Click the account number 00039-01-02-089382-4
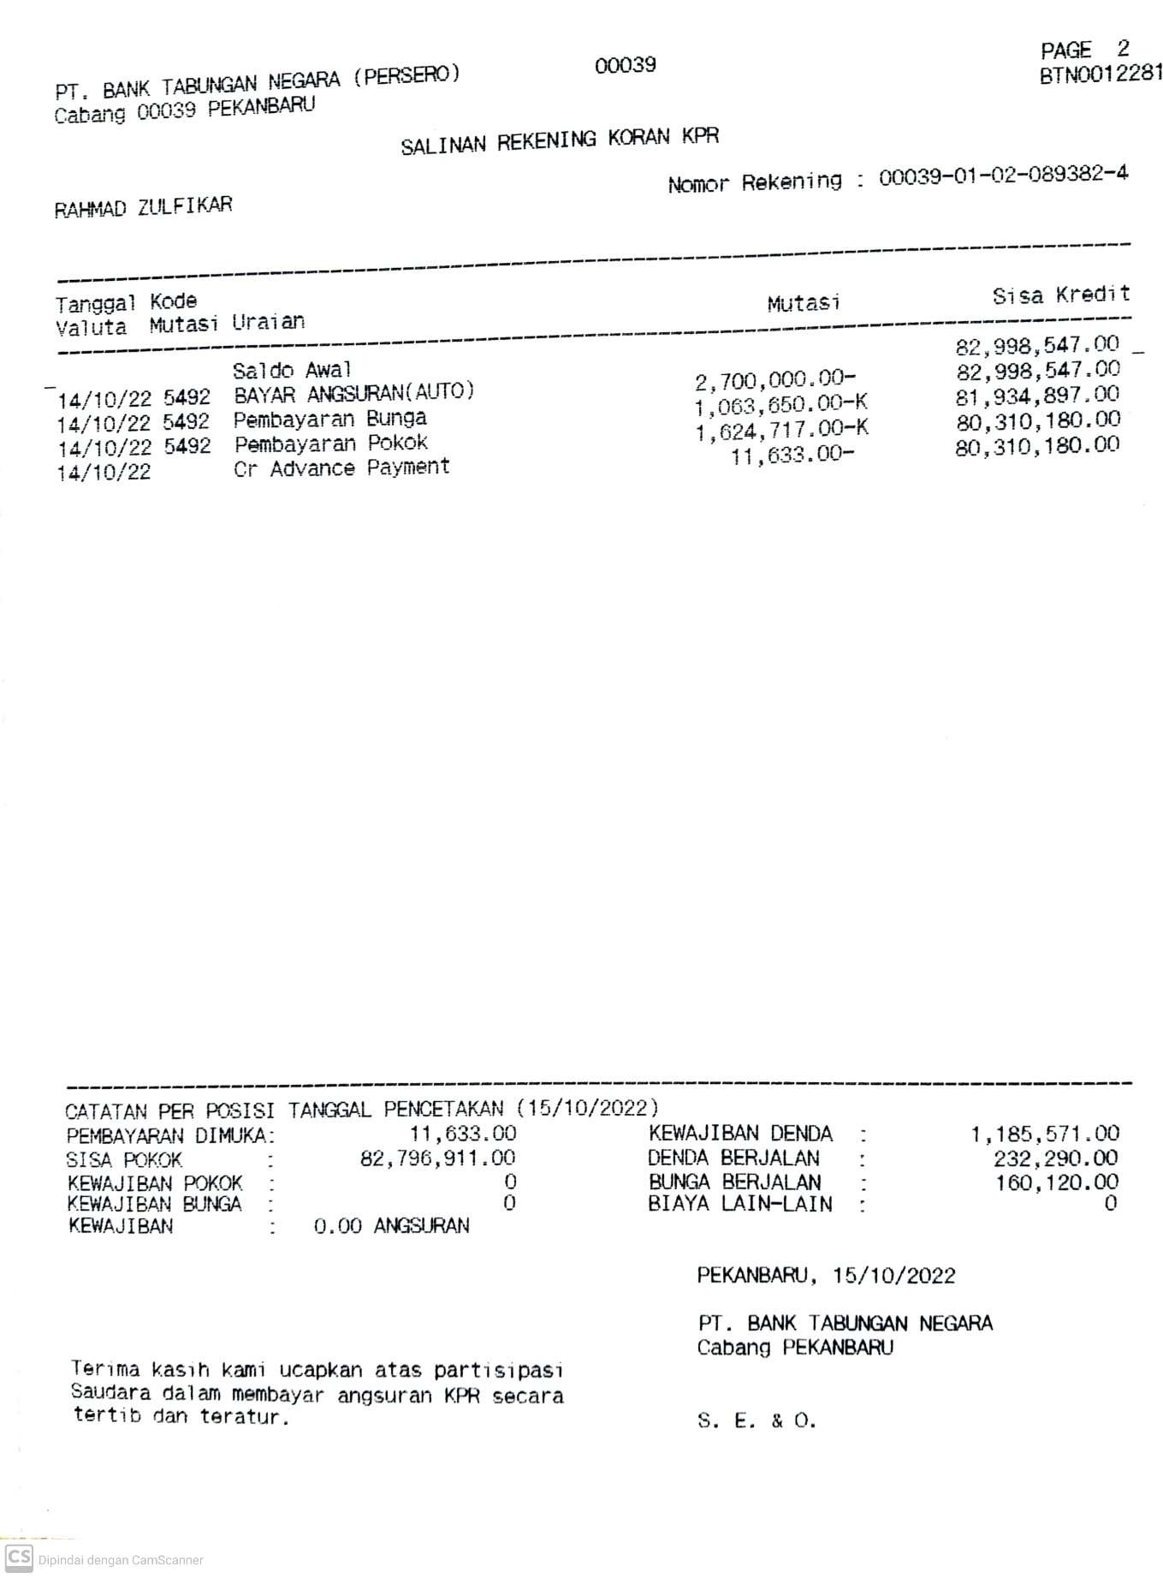[x=1003, y=176]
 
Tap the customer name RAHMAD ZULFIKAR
[x=143, y=207]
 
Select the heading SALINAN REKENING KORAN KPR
[x=560, y=140]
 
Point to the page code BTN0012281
[x=1101, y=74]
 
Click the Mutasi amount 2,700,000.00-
[x=775, y=378]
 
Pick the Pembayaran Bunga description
[x=330, y=419]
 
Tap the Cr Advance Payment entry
[x=341, y=468]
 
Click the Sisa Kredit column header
[x=1060, y=295]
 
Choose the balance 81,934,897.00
[x=1037, y=396]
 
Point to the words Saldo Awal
[x=292, y=370]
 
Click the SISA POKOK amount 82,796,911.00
[x=438, y=1159]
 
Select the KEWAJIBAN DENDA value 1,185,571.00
[x=1044, y=1134]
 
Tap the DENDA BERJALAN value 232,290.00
[x=1055, y=1158]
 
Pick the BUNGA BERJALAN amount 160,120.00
[x=1056, y=1182]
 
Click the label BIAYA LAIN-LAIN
[x=739, y=1205]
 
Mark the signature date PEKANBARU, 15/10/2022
[x=826, y=1276]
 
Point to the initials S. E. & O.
[x=757, y=1422]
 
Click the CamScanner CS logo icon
[x=18, y=1557]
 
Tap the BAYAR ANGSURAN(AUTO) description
[x=353, y=394]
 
